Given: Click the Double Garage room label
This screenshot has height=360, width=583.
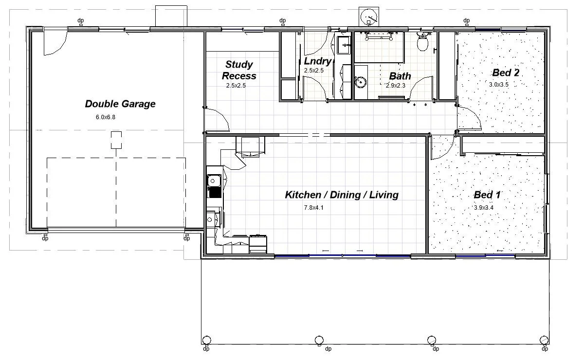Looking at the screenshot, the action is [120, 104].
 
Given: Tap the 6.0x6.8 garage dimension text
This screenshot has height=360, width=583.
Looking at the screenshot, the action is [106, 117].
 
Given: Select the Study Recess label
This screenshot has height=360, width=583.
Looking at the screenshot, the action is [239, 70].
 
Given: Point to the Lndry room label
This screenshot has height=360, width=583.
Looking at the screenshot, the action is [317, 61].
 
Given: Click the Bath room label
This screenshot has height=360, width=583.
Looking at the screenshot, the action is [400, 76].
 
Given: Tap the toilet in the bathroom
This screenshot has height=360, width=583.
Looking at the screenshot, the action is [423, 41].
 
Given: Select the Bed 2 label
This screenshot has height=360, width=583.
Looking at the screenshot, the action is [506, 72].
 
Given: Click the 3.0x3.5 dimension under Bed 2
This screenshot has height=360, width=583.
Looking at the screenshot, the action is [499, 84].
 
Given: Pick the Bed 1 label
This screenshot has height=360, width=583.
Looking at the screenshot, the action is [487, 195].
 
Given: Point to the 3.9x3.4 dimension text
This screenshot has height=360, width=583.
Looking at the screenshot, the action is [484, 208].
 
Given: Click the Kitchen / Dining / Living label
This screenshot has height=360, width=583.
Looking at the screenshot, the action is [342, 195].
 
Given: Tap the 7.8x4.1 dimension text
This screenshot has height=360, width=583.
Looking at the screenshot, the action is [314, 208].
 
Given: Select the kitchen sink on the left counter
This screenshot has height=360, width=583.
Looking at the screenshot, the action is [214, 186].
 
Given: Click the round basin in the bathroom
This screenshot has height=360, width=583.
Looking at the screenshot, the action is [361, 81].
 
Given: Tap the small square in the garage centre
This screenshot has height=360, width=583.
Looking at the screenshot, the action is [116, 140].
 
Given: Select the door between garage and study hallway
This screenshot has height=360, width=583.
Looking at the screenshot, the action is [217, 120].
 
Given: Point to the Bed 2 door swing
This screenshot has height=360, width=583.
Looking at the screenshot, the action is [470, 118].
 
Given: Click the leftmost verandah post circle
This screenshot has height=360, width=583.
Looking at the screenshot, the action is [206, 340].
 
